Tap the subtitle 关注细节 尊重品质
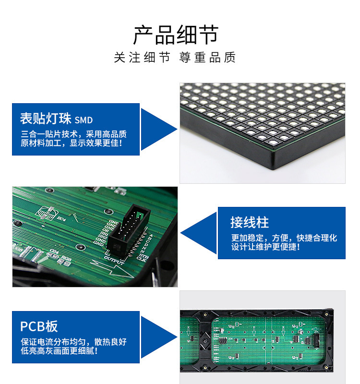click(x=175, y=58)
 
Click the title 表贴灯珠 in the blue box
click(x=46, y=119)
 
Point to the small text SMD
click(x=84, y=120)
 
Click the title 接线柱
click(x=249, y=222)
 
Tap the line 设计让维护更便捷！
click(x=265, y=247)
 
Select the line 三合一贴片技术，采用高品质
click(x=73, y=134)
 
